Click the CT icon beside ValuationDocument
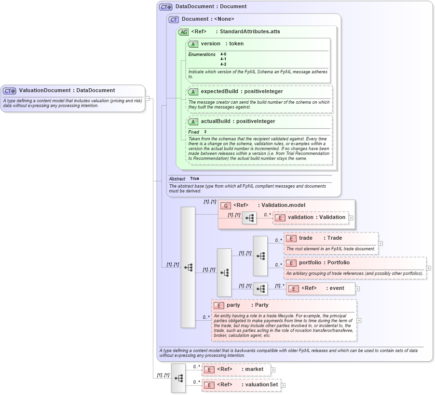click(x=10, y=90)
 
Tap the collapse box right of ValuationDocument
click(x=148, y=98)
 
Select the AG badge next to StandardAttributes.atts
click(x=183, y=32)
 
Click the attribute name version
click(x=210, y=43)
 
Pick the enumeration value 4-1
click(x=223, y=59)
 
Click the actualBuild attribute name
click(x=216, y=121)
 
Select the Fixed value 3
click(x=205, y=132)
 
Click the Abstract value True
click(x=194, y=178)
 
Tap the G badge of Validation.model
click(x=225, y=205)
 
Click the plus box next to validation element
click(x=351, y=218)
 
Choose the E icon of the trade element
click(x=291, y=238)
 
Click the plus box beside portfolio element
click(x=428, y=268)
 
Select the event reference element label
click(x=336, y=288)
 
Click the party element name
click(x=233, y=305)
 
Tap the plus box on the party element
click(x=359, y=320)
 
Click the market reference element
click(x=254, y=369)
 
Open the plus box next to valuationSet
click(x=283, y=385)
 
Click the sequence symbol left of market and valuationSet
click(x=178, y=378)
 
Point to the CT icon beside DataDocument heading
click(x=165, y=7)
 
